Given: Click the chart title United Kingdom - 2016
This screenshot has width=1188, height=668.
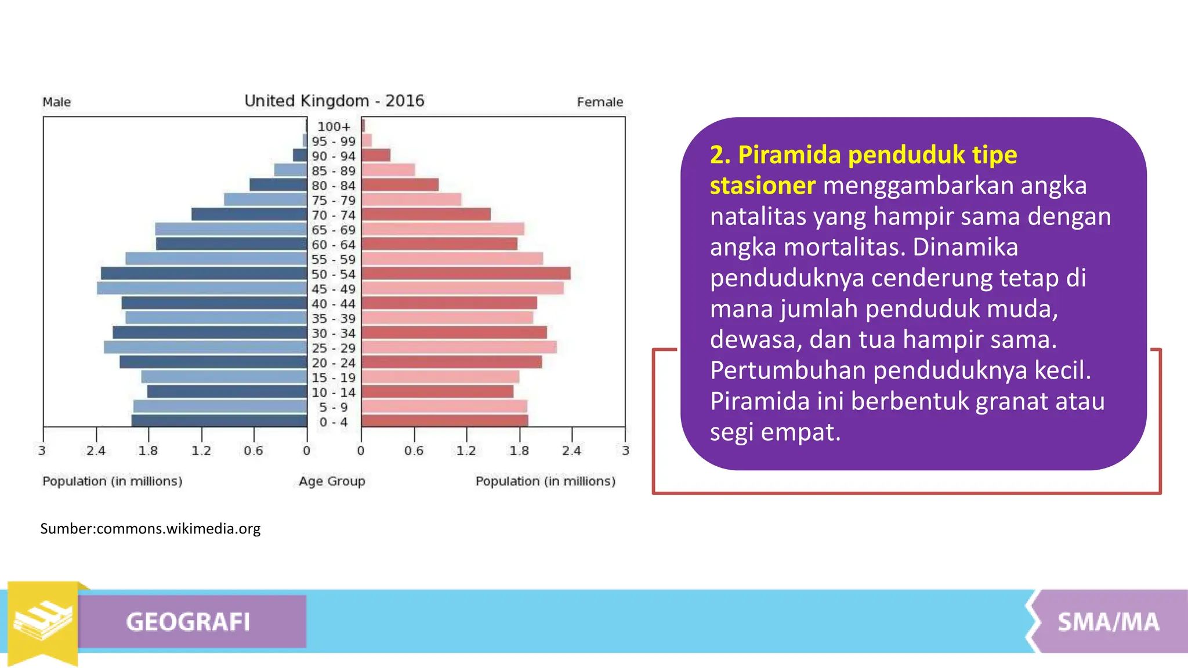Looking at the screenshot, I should pyautogui.click(x=334, y=101).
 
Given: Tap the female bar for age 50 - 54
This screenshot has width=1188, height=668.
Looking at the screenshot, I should pyautogui.click(x=466, y=274).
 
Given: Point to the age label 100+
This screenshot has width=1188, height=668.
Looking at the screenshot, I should pyautogui.click(x=334, y=126).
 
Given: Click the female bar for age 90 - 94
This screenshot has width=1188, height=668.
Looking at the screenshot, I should pyautogui.click(x=376, y=155).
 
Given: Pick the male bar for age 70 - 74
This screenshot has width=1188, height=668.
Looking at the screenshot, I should pyautogui.click(x=249, y=215).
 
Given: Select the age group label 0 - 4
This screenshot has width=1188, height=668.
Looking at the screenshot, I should pyautogui.click(x=334, y=422).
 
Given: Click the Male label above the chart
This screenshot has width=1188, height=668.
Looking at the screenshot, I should pyautogui.click(x=57, y=102).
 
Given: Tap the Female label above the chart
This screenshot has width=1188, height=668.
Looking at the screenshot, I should pyautogui.click(x=600, y=102).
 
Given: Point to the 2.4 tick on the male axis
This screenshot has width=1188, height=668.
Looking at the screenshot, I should pyautogui.click(x=96, y=451).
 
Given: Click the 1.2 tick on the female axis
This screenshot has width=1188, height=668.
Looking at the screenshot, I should pyautogui.click(x=466, y=451).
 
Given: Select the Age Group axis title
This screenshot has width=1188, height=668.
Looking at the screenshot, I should pyautogui.click(x=332, y=481).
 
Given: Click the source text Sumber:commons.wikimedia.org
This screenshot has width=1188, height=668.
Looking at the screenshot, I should pyautogui.click(x=150, y=529).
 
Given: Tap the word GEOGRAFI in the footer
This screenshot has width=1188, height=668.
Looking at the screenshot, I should pyautogui.click(x=188, y=622).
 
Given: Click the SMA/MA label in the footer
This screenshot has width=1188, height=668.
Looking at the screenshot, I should pyautogui.click(x=1108, y=622).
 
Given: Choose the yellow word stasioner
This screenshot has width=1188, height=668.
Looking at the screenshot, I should pyautogui.click(x=762, y=186).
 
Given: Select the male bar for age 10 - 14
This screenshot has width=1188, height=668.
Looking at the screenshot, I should pyautogui.click(x=227, y=391).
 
